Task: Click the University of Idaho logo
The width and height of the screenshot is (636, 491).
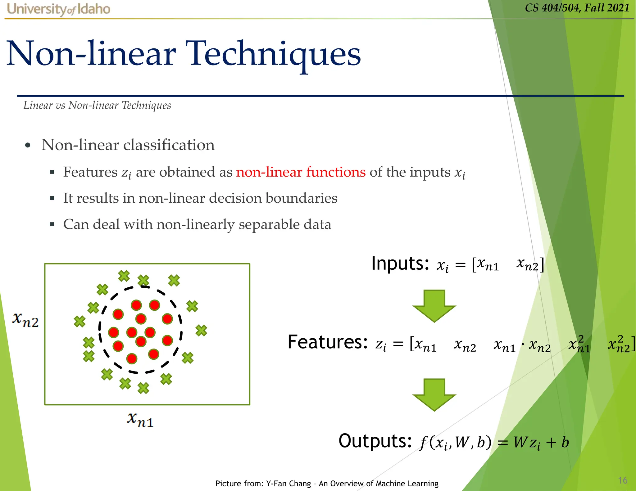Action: coord(58,9)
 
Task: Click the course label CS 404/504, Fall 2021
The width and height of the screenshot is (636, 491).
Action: coord(577,8)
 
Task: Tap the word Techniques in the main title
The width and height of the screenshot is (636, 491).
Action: coord(275,54)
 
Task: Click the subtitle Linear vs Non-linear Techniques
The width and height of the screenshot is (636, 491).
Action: coord(97,106)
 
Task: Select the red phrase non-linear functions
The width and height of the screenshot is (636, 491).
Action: coord(301,172)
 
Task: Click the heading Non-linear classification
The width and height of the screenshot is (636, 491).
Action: coord(128,145)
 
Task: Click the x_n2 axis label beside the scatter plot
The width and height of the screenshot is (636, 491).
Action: coord(25,320)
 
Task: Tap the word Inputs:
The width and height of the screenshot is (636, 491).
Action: coord(400,264)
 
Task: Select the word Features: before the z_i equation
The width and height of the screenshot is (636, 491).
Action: coord(328,342)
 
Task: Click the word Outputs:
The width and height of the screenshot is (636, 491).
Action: coord(375,441)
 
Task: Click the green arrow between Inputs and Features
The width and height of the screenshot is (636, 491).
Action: coord(434,306)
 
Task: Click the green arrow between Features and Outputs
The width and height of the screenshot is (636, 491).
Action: coord(434,394)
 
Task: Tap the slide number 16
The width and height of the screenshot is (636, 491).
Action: coord(622,480)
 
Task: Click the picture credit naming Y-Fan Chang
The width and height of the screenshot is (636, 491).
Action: coord(327,484)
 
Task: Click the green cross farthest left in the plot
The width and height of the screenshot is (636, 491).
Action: coord(79,321)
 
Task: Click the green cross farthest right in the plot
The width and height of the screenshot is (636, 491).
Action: coord(201,330)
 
